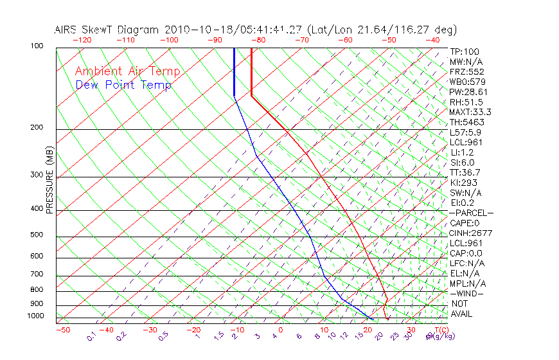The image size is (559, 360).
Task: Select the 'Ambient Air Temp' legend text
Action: point(127,71)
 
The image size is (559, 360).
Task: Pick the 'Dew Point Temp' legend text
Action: point(123,85)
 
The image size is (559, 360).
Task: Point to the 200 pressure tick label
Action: point(37,127)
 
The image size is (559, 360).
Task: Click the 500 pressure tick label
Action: point(37,235)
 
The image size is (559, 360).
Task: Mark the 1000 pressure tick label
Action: point(35,316)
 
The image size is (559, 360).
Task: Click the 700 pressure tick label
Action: point(37,274)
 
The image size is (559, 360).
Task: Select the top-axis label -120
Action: point(81,40)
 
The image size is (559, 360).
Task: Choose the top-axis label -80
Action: point(259,40)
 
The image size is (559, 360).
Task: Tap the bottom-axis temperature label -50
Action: point(62,330)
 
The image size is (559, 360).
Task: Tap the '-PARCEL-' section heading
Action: point(471,213)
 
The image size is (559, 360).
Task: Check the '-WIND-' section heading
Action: point(467,293)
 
